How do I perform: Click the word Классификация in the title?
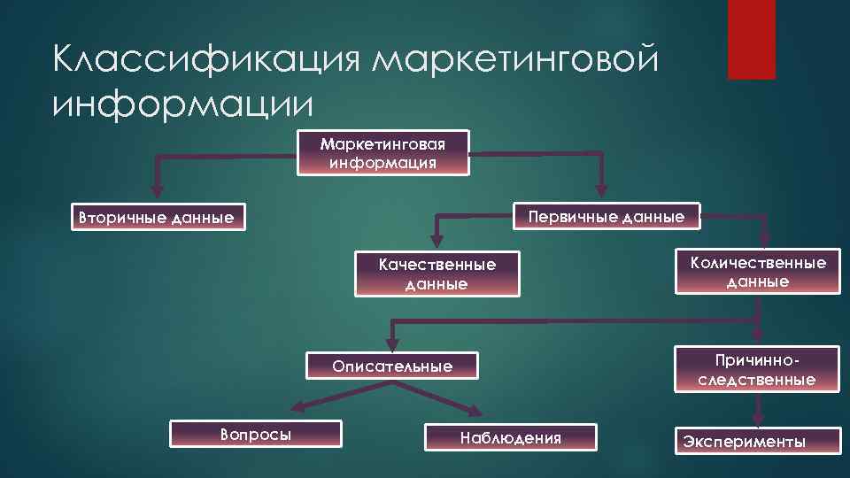pos(207,61)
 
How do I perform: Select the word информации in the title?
pos(183,104)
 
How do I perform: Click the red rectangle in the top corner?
pos(751,39)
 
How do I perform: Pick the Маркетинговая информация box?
pos(383,152)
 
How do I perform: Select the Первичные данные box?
pos(606,217)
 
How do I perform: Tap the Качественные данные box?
pos(437,274)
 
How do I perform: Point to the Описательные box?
pos(391,366)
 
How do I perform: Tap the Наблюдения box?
pos(511,437)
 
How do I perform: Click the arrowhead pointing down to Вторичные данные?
pos(158,189)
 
